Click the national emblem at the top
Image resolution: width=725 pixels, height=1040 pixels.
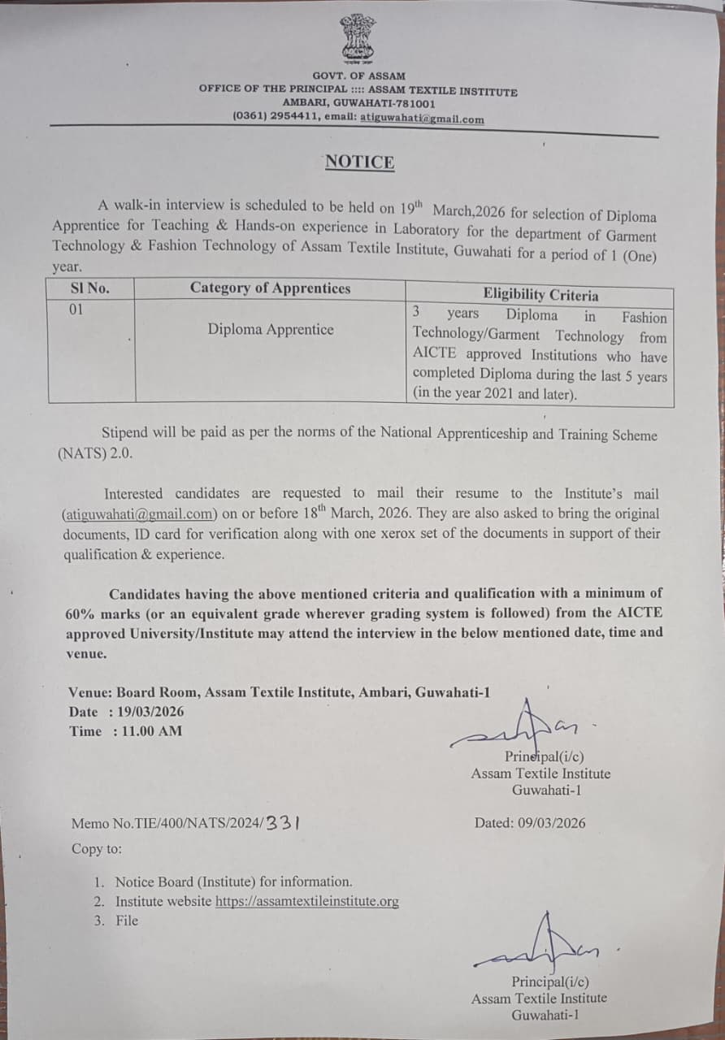(x=358, y=39)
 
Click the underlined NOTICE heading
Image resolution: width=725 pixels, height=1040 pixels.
(x=359, y=162)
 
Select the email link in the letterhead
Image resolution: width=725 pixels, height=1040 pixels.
(x=422, y=119)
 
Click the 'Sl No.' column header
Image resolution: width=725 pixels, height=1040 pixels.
(x=90, y=288)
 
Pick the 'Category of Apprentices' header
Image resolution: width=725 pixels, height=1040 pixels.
(x=271, y=288)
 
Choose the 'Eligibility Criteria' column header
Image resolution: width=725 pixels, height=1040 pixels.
(x=540, y=295)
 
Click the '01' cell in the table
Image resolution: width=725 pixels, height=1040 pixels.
(x=76, y=310)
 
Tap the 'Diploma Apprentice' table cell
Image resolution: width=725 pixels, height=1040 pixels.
(x=271, y=329)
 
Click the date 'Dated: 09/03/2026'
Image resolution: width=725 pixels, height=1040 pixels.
(x=530, y=822)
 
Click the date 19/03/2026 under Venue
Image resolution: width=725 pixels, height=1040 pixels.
(x=151, y=712)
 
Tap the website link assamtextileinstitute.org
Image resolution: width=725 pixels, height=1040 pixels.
(x=307, y=901)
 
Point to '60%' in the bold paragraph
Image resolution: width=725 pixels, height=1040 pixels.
(x=81, y=613)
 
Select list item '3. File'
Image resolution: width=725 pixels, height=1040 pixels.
(x=116, y=921)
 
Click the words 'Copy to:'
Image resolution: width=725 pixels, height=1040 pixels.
(x=97, y=849)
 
